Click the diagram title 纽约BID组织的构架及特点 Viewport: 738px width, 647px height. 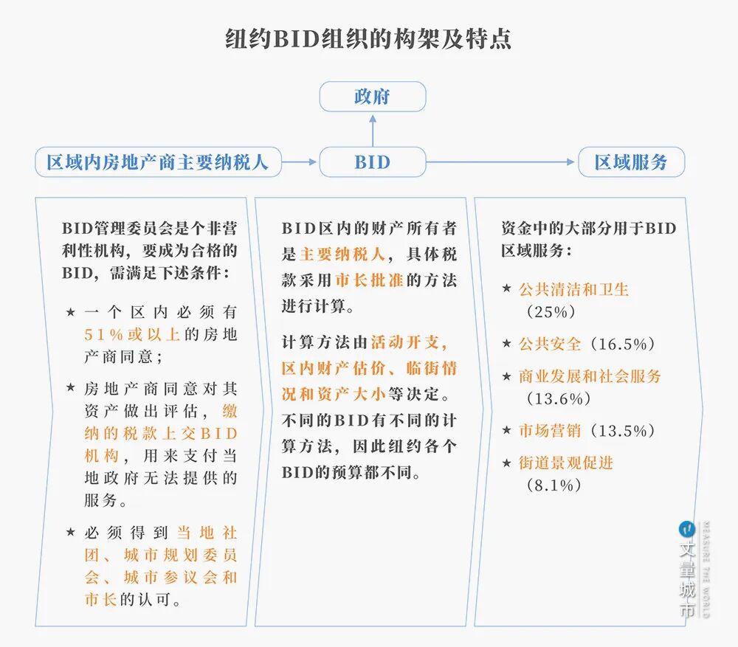click(x=368, y=38)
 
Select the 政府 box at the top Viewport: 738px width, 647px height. click(x=372, y=97)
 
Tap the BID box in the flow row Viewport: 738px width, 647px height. click(x=372, y=162)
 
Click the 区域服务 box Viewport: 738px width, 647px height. click(x=631, y=162)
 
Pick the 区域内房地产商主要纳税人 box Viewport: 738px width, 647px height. click(x=158, y=162)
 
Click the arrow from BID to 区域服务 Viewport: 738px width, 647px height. click(x=501, y=162)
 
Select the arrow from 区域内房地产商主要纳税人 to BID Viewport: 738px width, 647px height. click(x=300, y=162)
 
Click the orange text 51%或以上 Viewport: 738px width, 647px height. click(x=132, y=334)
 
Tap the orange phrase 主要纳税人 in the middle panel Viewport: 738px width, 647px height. click(x=343, y=255)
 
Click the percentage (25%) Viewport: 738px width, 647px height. click(x=551, y=311)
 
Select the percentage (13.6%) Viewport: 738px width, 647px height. click(x=558, y=398)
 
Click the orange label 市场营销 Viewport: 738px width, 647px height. click(x=551, y=430)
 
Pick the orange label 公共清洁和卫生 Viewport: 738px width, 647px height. click(x=573, y=289)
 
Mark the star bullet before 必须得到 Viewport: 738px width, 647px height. click(x=70, y=532)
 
